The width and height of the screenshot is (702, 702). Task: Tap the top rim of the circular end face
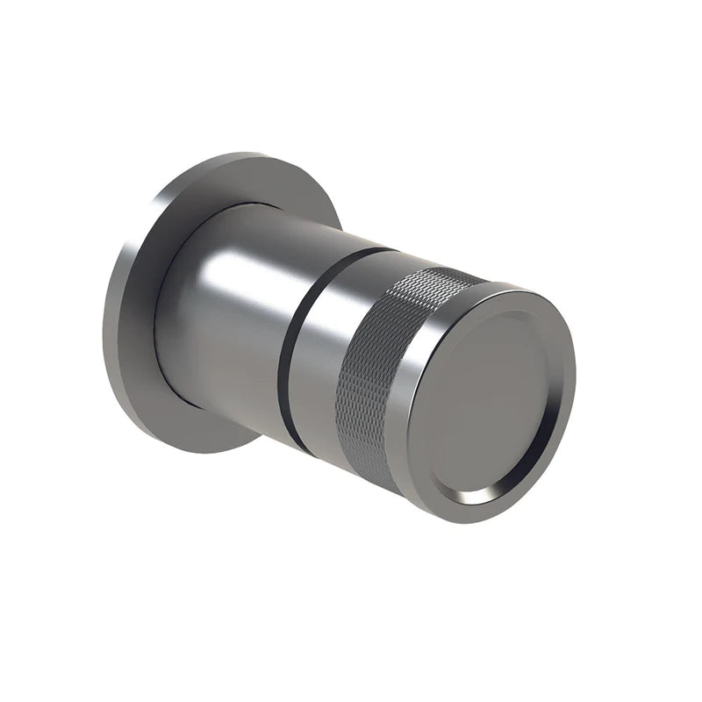[x=526, y=294]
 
